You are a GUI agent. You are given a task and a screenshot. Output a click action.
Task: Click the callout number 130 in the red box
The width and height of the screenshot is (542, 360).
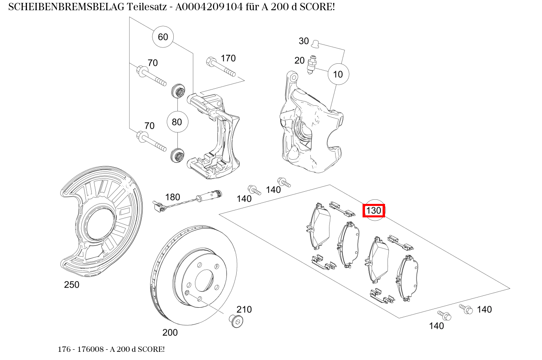(374, 211)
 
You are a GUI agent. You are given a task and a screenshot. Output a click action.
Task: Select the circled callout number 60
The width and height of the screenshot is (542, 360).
(163, 37)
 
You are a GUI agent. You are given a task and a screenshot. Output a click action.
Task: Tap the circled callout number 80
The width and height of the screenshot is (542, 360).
(177, 122)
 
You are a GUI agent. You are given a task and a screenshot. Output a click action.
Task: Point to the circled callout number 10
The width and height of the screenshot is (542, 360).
(338, 74)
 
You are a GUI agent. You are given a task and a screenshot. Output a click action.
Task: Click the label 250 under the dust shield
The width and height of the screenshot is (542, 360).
(72, 285)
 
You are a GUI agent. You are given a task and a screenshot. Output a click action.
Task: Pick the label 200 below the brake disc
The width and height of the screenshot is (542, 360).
(170, 333)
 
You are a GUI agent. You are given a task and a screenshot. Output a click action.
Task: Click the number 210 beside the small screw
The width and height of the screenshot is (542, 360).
(244, 309)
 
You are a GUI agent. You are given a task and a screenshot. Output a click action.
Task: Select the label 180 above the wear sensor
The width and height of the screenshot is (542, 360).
(172, 197)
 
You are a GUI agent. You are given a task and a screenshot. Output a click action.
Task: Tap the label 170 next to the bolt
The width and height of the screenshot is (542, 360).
(228, 58)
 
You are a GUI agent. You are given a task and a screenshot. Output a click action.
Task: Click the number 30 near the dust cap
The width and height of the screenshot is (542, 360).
(304, 41)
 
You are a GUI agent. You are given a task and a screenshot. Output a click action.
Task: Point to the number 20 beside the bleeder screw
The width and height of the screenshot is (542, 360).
(300, 60)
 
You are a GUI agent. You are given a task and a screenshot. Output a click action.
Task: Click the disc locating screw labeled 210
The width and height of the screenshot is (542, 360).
(236, 320)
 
